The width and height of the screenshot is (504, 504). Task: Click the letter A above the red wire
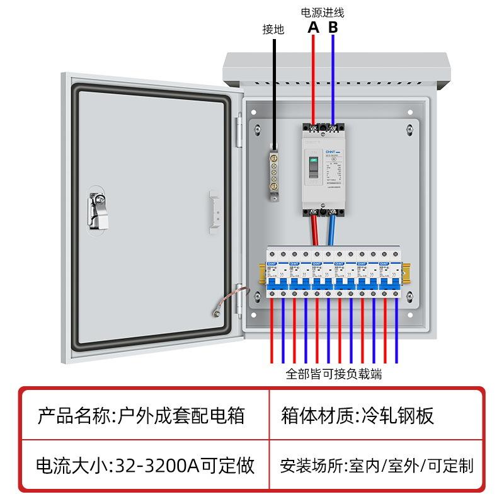point(314,28)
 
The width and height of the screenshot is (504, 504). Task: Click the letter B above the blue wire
point(333,28)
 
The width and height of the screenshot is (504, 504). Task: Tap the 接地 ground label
point(273,29)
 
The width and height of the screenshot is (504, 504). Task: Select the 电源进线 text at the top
point(323,12)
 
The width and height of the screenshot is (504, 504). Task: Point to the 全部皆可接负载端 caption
point(334,374)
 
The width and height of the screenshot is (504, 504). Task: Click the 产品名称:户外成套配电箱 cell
point(141,416)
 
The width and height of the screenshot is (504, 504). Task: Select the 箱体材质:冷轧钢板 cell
point(358,416)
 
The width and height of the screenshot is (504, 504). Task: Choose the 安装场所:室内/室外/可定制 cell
point(377,466)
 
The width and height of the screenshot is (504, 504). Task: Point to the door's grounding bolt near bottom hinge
point(216,310)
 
